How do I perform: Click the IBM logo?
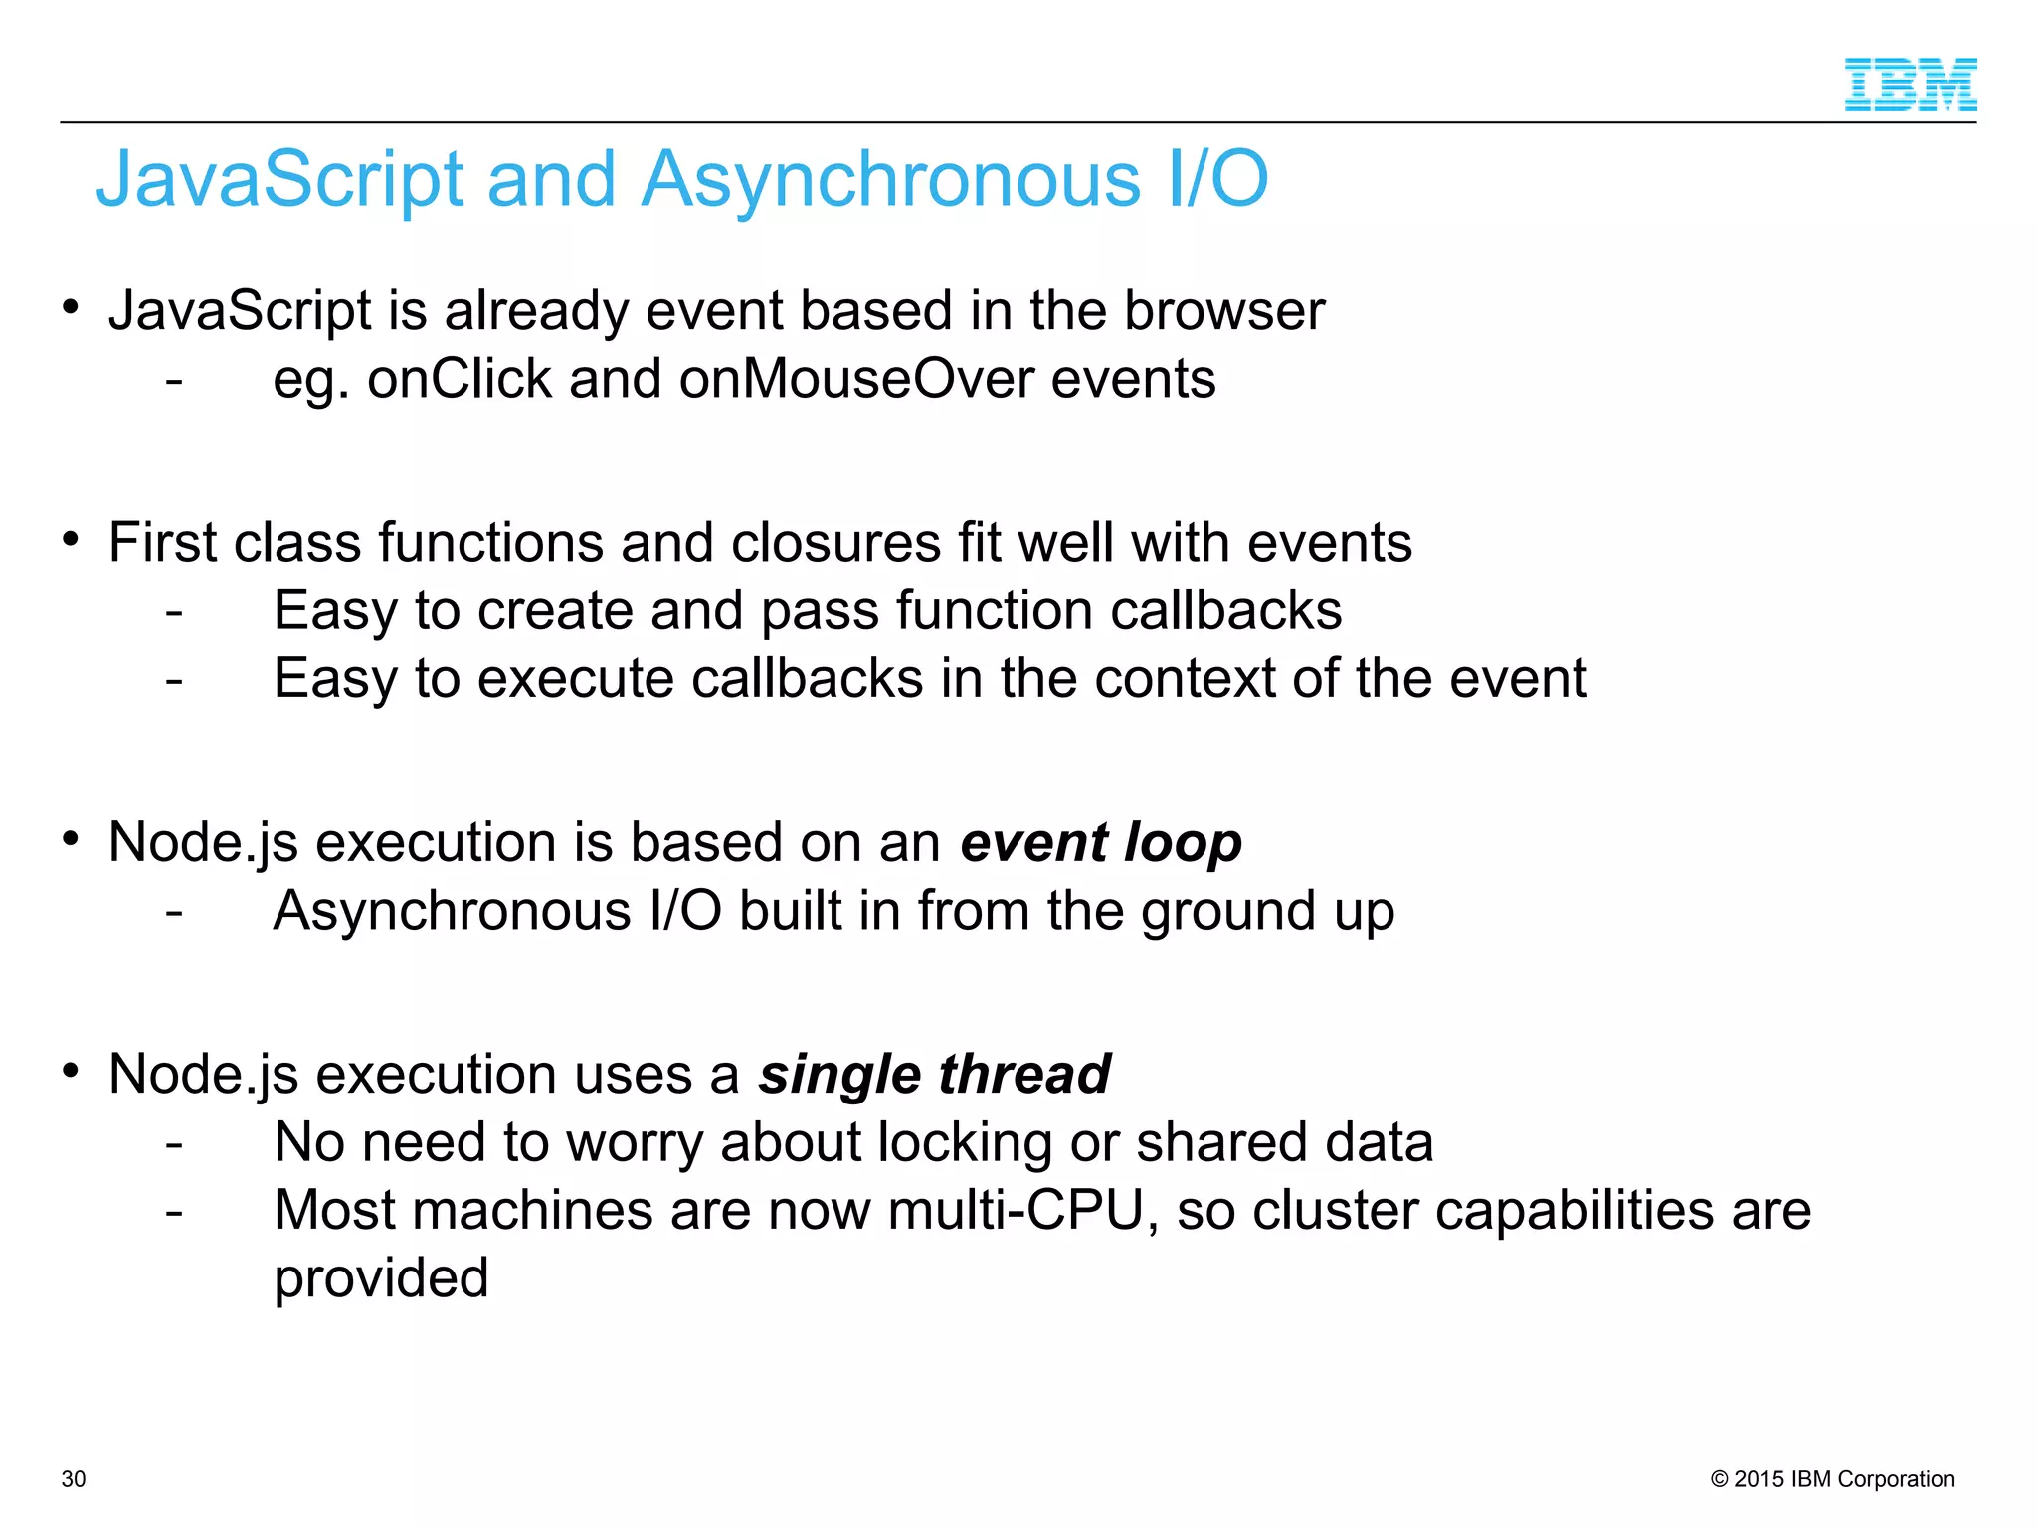click(1910, 85)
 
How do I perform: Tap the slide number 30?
click(74, 1479)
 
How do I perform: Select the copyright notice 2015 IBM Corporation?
click(1833, 1479)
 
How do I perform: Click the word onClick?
click(459, 380)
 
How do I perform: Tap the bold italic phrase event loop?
click(1101, 843)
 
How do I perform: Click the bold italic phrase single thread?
click(934, 1075)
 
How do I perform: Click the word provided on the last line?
click(381, 1279)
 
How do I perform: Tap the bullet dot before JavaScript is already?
click(70, 307)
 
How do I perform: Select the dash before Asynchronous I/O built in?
click(174, 912)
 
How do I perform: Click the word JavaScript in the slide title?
click(279, 180)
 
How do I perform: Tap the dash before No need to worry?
click(174, 1144)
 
